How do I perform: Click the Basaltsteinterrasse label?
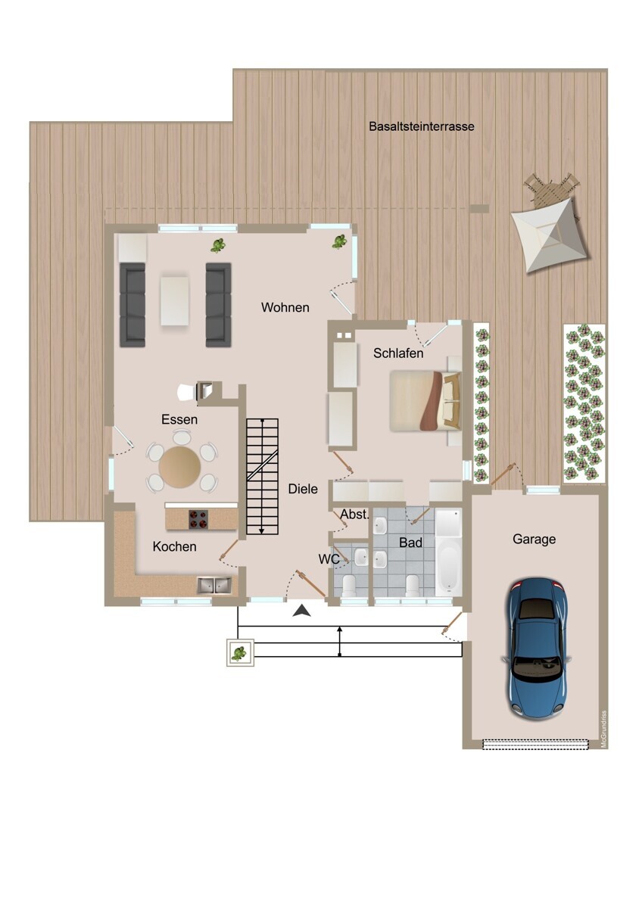[x=422, y=126]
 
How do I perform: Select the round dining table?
[x=179, y=468]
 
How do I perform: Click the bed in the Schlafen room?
[x=425, y=400]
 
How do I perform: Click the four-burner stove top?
[x=198, y=519]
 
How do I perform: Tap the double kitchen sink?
[x=214, y=586]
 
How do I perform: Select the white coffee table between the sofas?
[x=175, y=300]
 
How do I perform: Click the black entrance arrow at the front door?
[x=302, y=610]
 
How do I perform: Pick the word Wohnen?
[x=285, y=308]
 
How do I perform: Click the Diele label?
[x=303, y=489]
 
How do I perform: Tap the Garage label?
[x=534, y=539]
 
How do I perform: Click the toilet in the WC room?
[x=349, y=585]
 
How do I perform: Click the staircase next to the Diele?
[x=263, y=478]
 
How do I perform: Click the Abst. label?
[x=355, y=515]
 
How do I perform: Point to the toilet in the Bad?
[x=413, y=585]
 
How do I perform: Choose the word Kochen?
[x=174, y=546]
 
